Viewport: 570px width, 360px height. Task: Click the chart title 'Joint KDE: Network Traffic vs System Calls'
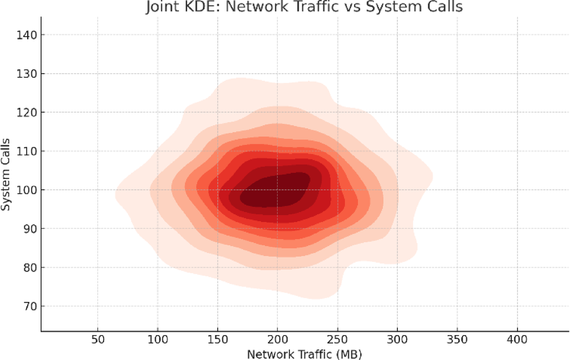pos(304,7)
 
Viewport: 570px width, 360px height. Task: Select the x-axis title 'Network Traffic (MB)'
pos(304,353)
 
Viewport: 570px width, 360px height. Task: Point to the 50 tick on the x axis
pos(98,338)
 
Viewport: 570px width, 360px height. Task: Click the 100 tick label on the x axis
pos(158,338)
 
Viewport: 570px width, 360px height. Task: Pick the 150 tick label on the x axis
pos(217,338)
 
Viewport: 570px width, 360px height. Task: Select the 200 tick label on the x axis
pos(278,338)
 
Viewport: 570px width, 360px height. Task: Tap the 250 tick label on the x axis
pos(338,338)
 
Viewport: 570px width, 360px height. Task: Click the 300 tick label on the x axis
pos(397,338)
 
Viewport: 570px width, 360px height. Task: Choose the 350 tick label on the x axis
pos(457,338)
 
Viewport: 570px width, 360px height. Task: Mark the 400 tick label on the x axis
pos(517,338)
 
